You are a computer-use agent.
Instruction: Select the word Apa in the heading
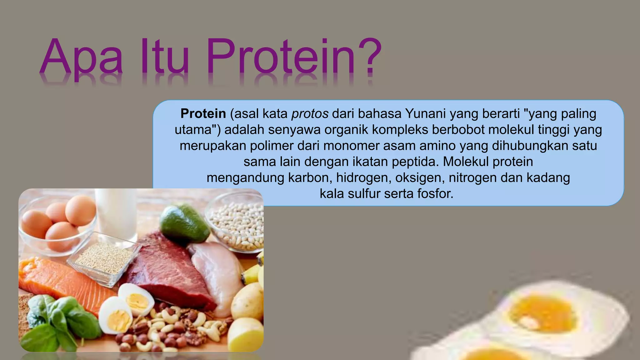point(81,58)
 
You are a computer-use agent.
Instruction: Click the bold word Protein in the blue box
point(203,113)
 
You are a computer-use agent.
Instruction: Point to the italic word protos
point(310,114)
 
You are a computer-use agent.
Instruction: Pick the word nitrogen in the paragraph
point(472,177)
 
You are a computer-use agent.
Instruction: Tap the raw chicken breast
point(216,275)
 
